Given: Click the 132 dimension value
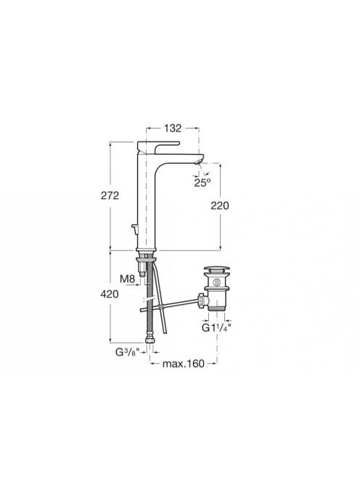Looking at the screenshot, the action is [x=173, y=128].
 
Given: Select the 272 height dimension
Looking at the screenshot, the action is [x=110, y=195].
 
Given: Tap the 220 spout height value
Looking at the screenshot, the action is [x=220, y=205].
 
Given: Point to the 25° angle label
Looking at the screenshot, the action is [x=202, y=183].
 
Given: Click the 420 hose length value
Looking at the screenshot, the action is [x=110, y=294].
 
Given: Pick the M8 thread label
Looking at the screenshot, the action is [x=127, y=279].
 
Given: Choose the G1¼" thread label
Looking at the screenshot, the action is [x=216, y=327].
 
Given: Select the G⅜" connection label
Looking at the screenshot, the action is [x=128, y=352].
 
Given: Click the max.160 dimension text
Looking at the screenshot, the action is [x=183, y=364].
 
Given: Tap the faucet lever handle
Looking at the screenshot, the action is [x=157, y=147].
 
